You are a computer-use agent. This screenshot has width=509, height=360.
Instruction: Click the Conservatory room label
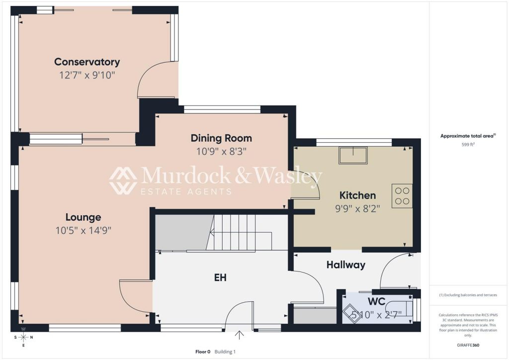coord(87,62)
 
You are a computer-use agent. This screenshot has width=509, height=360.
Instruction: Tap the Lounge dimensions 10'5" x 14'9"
coord(84,231)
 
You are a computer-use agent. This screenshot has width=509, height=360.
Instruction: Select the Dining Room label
coord(221,138)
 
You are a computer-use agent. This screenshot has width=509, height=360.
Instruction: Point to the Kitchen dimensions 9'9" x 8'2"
coord(357,208)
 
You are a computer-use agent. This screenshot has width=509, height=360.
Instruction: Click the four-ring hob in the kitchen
coord(402,196)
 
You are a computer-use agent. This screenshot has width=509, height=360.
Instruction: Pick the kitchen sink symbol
coord(353,156)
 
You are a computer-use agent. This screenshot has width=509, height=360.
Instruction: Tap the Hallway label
coord(346,265)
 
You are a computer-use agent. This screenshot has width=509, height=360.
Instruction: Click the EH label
coord(220,277)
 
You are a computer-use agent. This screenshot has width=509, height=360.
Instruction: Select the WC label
coord(377,301)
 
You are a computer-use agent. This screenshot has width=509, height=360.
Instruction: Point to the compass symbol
coord(23,337)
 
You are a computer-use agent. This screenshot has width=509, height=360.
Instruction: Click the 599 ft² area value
coord(468,145)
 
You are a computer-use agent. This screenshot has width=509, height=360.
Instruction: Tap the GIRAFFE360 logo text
coord(468,345)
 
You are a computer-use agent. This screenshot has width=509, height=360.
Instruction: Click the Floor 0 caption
coord(203,352)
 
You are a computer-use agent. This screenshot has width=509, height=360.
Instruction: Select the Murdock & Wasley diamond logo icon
coord(123,180)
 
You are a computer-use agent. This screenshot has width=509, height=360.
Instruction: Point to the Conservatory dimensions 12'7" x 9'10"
coord(87,75)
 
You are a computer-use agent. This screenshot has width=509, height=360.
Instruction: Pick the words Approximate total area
coord(467,136)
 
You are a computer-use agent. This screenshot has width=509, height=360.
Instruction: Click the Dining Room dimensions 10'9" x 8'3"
coord(221,151)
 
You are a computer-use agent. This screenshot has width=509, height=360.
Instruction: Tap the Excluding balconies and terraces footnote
coord(468,295)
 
